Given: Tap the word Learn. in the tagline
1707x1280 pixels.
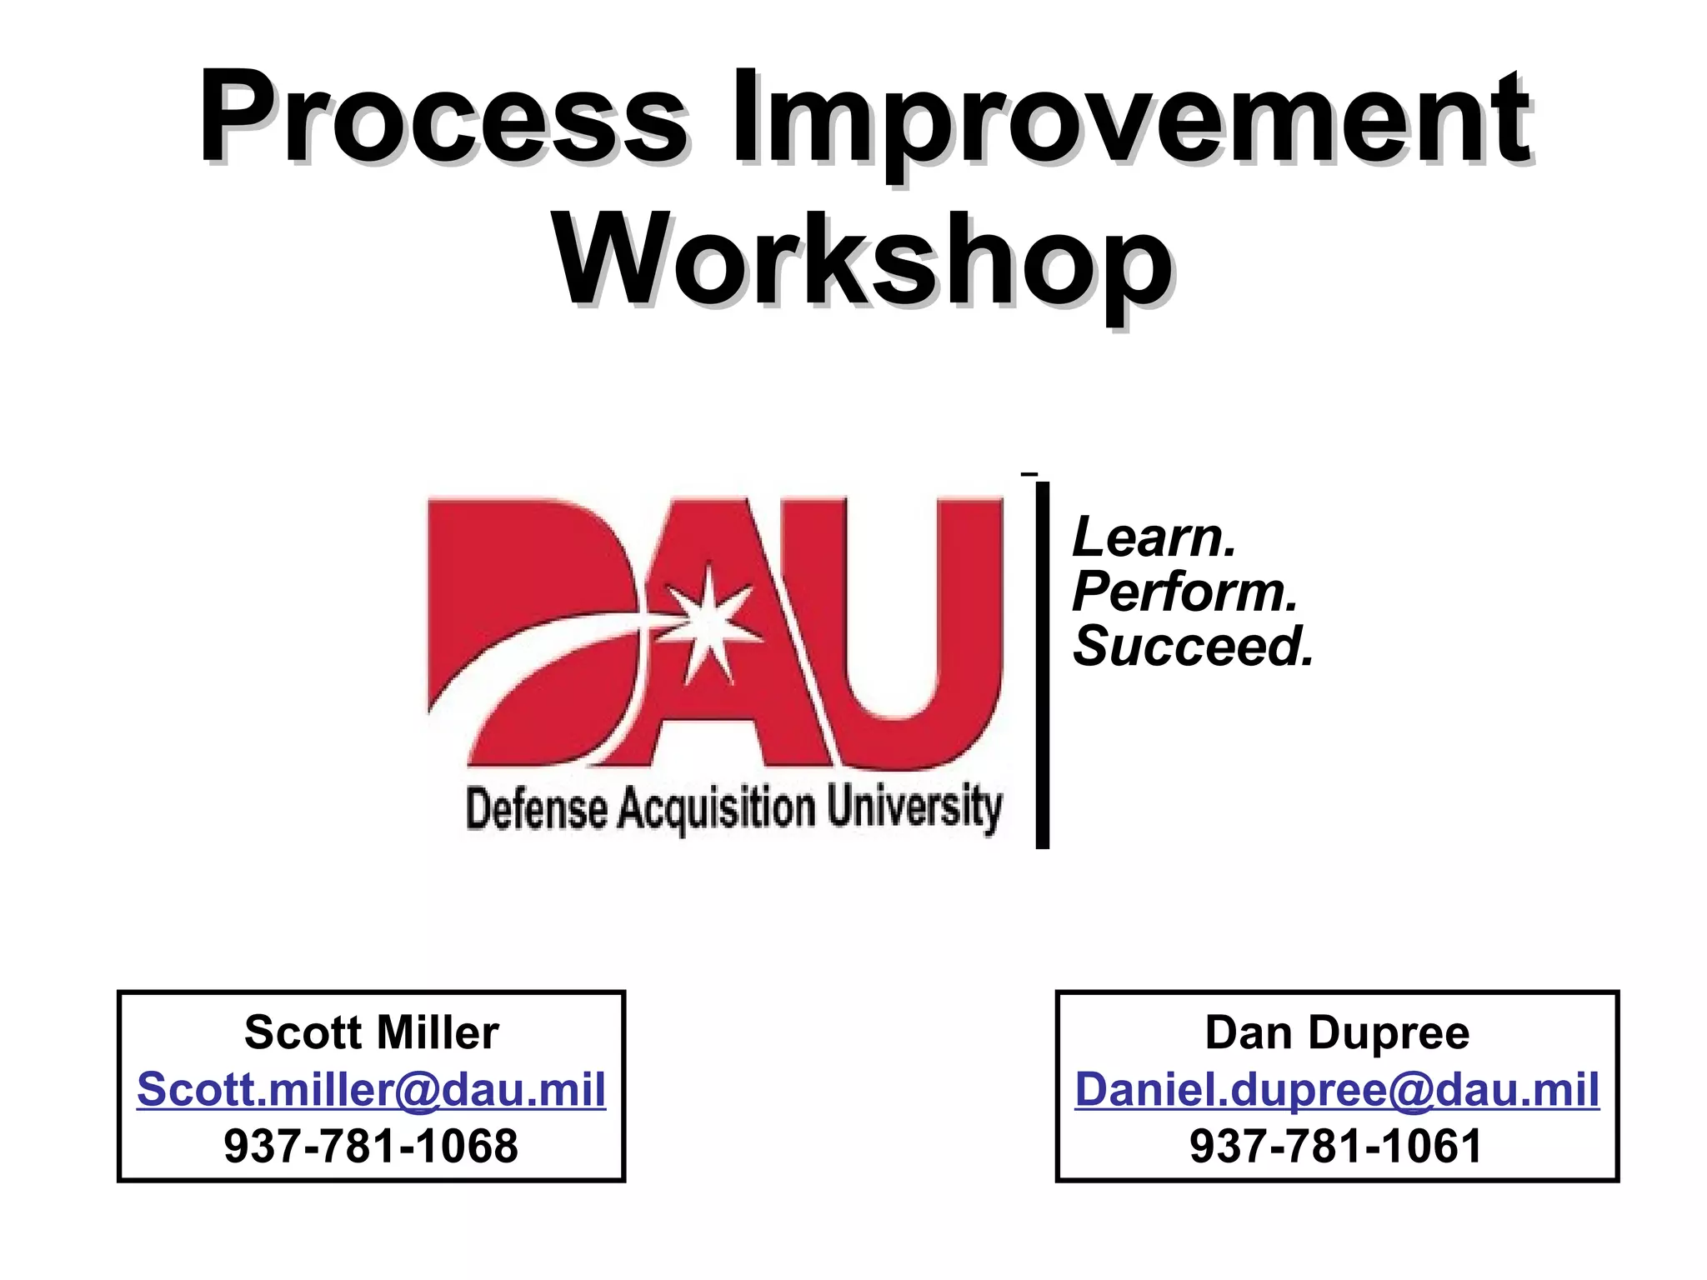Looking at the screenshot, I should pyautogui.click(x=1154, y=537).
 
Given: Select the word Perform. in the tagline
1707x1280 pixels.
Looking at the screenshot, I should pyautogui.click(x=1184, y=592).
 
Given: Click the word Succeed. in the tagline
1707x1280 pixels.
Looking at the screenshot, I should pyautogui.click(x=1193, y=647).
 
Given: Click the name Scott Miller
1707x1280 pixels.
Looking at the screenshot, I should pyautogui.click(x=372, y=1032).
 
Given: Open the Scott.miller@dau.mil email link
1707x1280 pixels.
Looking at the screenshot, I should pyautogui.click(x=372, y=1089).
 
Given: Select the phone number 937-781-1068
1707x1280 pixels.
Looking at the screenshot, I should pyautogui.click(x=372, y=1146).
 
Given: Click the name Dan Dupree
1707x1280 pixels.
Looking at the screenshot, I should pyautogui.click(x=1337, y=1032).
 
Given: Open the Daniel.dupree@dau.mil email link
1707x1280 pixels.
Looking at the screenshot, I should pyautogui.click(x=1337, y=1089).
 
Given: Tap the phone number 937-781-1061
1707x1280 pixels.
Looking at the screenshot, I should pyautogui.click(x=1337, y=1146).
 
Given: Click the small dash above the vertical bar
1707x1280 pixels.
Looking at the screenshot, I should pyautogui.click(x=1029, y=474).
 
